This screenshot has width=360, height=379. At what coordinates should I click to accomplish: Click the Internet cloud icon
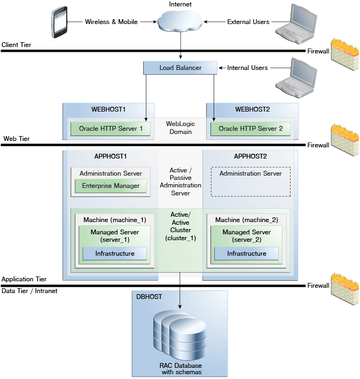[181, 22]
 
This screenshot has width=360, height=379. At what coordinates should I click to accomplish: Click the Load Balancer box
[180, 68]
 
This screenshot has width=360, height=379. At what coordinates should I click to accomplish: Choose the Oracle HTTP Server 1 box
[111, 129]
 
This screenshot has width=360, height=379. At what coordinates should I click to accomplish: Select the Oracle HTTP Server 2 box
[251, 129]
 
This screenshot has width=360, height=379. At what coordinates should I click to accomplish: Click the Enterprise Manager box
[111, 186]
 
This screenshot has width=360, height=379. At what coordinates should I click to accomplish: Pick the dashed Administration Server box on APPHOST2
[251, 182]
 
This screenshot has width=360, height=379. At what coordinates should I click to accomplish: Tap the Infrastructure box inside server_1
[115, 254]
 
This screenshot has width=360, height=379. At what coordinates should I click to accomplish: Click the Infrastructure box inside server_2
[247, 254]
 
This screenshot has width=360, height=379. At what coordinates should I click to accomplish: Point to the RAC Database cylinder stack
[180, 335]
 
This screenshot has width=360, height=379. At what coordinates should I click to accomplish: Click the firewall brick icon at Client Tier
[343, 52]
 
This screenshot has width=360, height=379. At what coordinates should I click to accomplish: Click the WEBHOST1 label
[108, 109]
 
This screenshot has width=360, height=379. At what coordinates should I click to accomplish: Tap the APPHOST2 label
[251, 156]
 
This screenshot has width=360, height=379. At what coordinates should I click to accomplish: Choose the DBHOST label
[149, 296]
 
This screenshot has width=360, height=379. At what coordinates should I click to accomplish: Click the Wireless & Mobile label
[111, 22]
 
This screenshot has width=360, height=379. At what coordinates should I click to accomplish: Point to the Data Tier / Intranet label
[29, 291]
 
